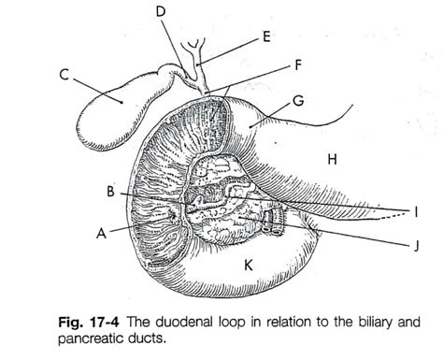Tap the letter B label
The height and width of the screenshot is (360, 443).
(110, 193)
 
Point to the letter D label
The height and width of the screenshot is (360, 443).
(161, 11)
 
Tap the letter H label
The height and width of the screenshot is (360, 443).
(331, 160)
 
